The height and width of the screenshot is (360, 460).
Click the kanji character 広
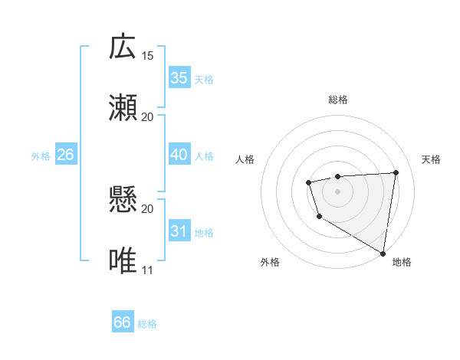[123, 47]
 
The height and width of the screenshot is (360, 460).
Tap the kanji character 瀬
[123, 107]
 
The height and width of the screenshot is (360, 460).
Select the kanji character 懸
[123, 200]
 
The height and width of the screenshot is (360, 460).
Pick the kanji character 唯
[123, 260]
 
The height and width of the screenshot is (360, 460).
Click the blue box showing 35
[179, 77]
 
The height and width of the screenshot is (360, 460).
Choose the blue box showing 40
[179, 155]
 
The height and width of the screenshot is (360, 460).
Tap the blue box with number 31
[179, 231]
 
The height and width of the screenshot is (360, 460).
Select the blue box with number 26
[65, 155]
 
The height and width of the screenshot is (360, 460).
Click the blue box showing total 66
[123, 322]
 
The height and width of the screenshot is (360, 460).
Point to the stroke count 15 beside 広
[148, 56]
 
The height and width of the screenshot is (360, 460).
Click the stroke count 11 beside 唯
[148, 270]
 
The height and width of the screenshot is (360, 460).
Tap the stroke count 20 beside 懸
[148, 209]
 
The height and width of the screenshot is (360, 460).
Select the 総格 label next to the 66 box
[147, 324]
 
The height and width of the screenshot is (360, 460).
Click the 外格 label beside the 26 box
[41, 156]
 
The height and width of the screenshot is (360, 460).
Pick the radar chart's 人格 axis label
[245, 159]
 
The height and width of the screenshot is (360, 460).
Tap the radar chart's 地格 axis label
[402, 263]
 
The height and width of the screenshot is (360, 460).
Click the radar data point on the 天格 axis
[396, 172]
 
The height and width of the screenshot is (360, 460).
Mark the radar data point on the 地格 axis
[383, 253]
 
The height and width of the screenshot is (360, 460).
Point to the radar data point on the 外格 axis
[318, 218]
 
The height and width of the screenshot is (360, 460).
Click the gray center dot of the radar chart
[338, 191]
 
